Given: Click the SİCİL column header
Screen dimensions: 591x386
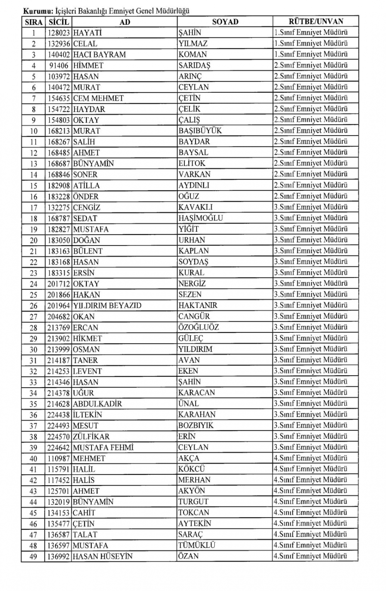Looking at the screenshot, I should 58,22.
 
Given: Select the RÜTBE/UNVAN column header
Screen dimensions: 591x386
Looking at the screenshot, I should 315,22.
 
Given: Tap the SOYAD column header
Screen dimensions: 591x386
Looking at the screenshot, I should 225,22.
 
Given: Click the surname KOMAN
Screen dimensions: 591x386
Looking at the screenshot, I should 193,54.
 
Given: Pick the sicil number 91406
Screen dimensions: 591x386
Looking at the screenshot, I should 59,66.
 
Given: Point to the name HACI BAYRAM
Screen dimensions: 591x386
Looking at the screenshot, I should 99,55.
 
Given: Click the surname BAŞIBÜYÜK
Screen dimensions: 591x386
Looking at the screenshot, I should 200,131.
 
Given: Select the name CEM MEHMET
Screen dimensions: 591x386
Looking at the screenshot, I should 98,98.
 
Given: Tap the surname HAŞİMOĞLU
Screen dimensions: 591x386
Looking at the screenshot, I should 201,218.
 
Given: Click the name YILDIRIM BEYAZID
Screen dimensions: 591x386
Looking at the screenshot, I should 107,306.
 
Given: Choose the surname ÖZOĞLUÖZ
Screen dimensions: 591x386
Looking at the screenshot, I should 198,327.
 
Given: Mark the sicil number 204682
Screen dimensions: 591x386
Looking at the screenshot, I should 59,317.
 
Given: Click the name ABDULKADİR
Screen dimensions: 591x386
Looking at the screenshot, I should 97,404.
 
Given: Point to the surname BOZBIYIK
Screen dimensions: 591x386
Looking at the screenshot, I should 196,425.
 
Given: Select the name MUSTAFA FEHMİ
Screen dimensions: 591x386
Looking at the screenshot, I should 103,447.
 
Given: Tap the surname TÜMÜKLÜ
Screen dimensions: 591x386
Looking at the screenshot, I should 196,545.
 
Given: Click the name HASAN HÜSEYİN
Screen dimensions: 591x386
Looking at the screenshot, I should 102,556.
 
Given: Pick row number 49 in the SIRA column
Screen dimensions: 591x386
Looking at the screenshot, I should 34,556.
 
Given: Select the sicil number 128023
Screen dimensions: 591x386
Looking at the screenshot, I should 59,33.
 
